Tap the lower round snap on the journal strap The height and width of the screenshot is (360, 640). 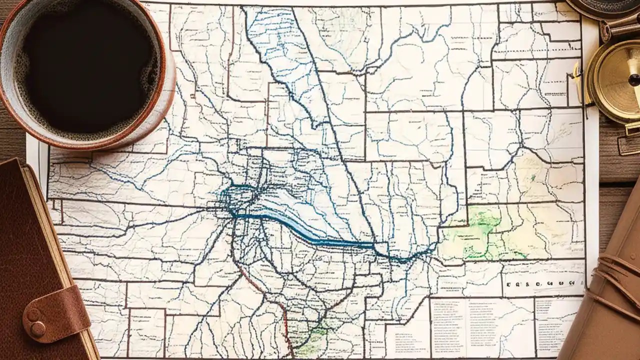click(x=37, y=329)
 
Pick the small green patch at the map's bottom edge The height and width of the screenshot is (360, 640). click(x=312, y=340)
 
